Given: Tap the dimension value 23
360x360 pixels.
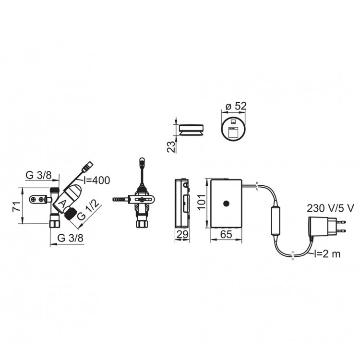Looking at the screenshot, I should (x=170, y=145).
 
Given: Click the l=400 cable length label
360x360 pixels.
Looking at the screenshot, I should (x=96, y=180).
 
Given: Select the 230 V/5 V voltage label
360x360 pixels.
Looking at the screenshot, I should (x=331, y=208).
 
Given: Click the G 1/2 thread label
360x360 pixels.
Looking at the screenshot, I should (x=89, y=211).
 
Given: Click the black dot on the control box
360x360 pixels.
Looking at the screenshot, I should (x=225, y=204).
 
